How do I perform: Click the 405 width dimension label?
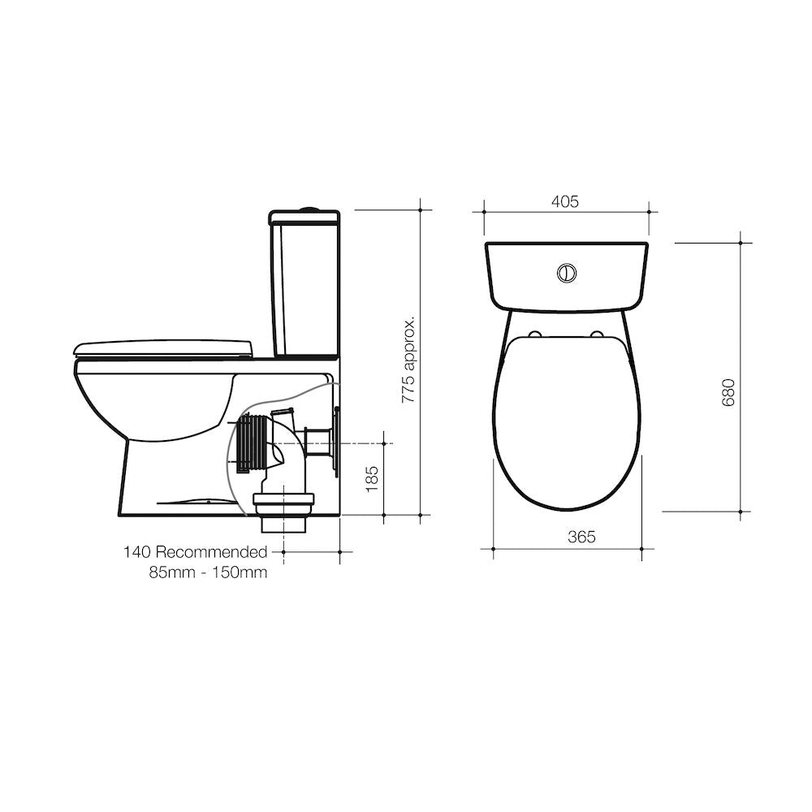coord(566,202)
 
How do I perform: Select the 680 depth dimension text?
coord(728,392)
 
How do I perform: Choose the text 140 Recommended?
coord(195,552)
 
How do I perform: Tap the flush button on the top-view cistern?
coord(567,273)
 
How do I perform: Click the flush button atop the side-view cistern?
coord(307,209)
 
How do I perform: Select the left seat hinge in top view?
coord(536,334)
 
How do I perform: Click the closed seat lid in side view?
coord(162,348)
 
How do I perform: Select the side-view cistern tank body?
coord(304,288)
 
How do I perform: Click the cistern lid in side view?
coord(304,218)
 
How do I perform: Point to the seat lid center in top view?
coord(567,422)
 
